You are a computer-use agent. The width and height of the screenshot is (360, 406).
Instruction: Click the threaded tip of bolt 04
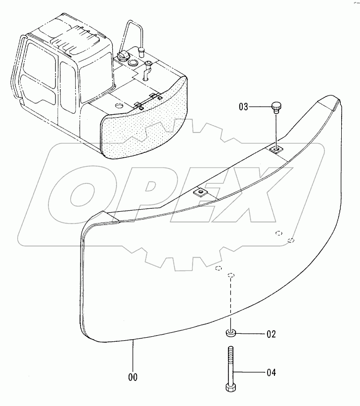(x=231, y=351)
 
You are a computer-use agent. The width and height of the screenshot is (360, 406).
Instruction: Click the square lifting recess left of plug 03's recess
(x=200, y=192)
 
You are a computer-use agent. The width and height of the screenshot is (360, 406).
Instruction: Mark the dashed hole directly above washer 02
(x=230, y=275)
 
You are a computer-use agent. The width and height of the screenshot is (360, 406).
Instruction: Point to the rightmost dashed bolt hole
(x=291, y=240)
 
